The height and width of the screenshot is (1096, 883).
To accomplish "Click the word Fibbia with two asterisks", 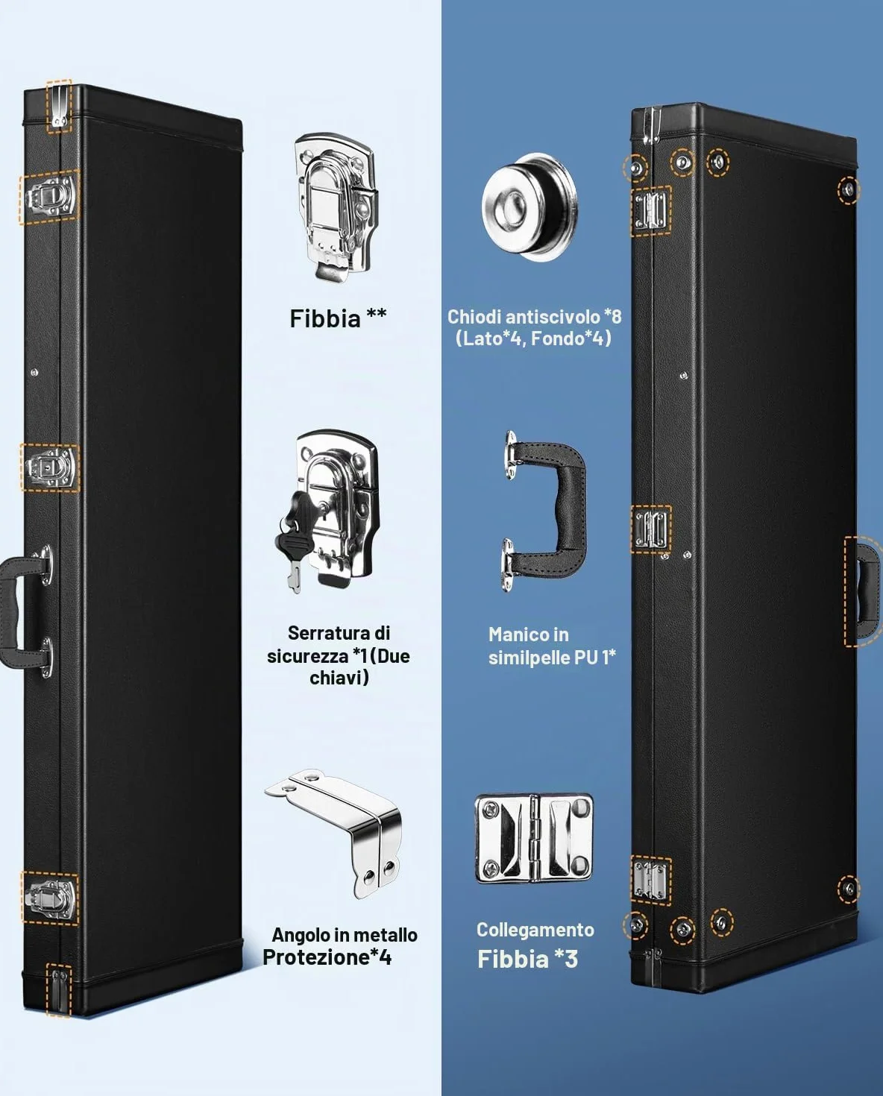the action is (x=324, y=318).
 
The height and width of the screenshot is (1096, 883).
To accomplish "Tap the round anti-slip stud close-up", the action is (x=530, y=207).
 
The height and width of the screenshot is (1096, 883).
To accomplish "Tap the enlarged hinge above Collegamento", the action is (x=534, y=838).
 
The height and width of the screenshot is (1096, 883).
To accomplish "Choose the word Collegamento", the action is (x=535, y=930).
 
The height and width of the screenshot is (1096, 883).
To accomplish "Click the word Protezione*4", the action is (x=327, y=957).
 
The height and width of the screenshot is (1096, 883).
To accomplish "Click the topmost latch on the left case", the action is (x=50, y=196).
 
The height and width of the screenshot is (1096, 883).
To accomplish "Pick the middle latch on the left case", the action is (x=50, y=467).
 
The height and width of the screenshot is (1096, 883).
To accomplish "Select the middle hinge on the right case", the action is (x=650, y=529).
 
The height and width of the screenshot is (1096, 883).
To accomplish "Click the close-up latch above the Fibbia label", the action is (x=336, y=207).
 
